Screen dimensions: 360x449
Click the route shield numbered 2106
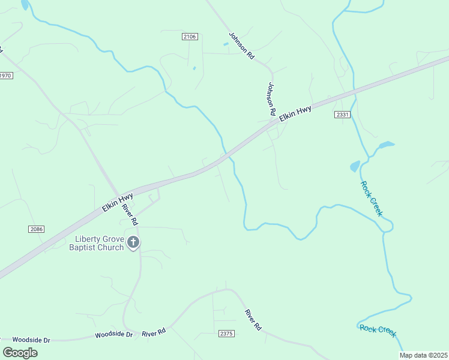tap(190, 37)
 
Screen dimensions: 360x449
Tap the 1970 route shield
tap(5, 76)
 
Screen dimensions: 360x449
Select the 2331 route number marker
tap(342, 115)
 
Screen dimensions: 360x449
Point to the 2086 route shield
tap(36, 229)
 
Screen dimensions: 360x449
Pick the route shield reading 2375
tap(226, 334)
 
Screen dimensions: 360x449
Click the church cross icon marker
tap(133, 243)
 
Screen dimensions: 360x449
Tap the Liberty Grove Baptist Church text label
tap(97, 243)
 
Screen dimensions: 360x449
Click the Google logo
tap(20, 352)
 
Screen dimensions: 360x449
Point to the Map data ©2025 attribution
tap(423, 355)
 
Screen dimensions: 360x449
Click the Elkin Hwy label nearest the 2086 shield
tap(117, 202)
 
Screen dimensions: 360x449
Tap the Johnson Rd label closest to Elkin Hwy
tap(271, 99)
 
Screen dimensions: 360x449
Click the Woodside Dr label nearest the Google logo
tap(31, 340)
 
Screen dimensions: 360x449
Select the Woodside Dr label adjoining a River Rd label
tap(113, 334)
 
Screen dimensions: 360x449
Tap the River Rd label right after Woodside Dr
tap(154, 332)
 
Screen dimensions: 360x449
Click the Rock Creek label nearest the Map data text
tap(378, 331)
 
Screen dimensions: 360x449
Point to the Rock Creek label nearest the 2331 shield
tap(371, 198)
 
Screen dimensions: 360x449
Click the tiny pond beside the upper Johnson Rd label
tap(226, 44)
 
